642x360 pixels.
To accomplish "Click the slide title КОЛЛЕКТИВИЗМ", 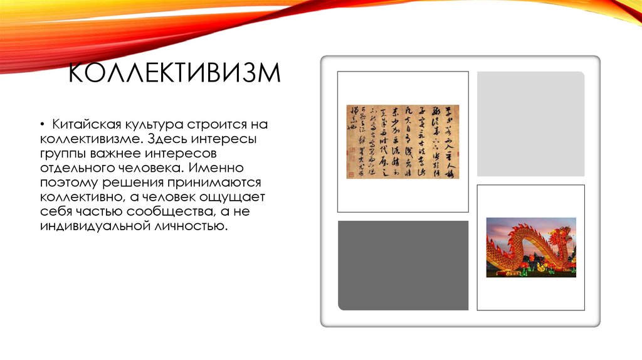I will coord(174,73).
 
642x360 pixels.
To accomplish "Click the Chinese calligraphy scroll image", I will coord(403,142).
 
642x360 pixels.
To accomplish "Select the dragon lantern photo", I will coord(531,247).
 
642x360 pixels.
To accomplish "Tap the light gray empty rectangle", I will coord(530,124).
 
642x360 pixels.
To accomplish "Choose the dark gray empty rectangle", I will coord(403,265).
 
